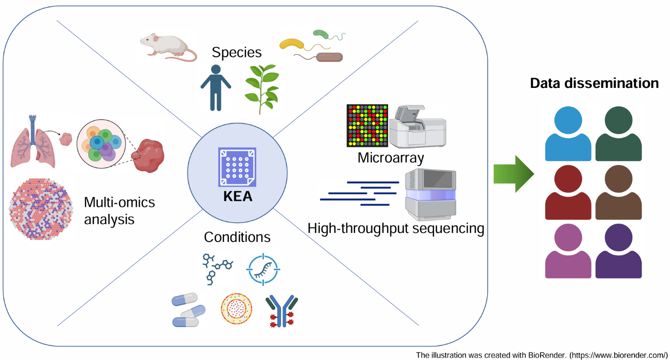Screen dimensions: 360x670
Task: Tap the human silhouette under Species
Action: pos(215,88)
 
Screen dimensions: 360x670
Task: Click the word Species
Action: pos(237,52)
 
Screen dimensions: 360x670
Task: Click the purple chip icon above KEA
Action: pos(237,167)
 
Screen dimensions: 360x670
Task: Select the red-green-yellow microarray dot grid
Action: pos(368,125)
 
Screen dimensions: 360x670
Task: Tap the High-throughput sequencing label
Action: pos(396,229)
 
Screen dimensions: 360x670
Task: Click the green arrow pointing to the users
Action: pos(513,173)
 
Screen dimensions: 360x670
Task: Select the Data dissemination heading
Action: pos(594,83)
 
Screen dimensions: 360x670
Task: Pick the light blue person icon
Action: pos(568,134)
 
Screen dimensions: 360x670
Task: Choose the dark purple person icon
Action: pos(618,251)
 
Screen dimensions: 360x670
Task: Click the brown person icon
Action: pos(618,193)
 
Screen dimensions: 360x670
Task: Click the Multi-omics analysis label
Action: pos(119,211)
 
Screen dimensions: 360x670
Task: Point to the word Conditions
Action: pos(237,236)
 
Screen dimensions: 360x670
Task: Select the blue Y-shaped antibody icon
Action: pos(282,311)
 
